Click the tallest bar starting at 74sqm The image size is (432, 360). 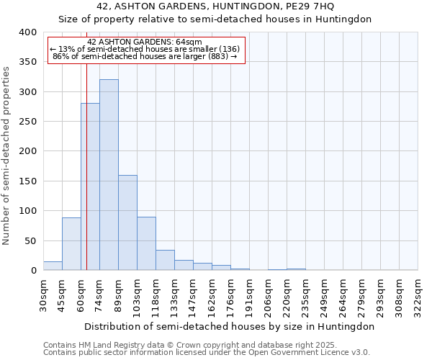pos(109,175)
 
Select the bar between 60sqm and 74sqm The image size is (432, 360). pos(90,187)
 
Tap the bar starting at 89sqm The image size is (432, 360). pos(127,222)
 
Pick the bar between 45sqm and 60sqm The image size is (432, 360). pos(71,244)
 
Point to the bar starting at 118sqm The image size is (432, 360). pos(165,260)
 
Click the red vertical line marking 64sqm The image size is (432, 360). pos(86,144)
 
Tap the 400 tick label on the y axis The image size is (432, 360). pos(27,32)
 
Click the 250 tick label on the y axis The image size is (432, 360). pos(27,122)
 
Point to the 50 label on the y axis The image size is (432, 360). pos(30,240)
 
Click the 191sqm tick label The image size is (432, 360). pos(249,295)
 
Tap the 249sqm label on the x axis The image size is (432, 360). pos(324,295)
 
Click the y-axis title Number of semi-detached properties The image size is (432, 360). pos(7,155)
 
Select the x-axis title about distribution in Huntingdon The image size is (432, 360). pos(230,326)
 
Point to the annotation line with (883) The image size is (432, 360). pos(145,56)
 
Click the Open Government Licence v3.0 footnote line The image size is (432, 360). pos(207,352)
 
